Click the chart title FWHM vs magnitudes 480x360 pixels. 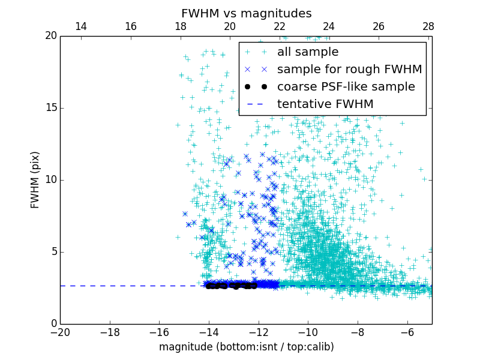pyautogui.click(x=246, y=13)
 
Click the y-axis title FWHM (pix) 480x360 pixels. pyautogui.click(x=35, y=180)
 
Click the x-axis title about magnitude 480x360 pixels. pyautogui.click(x=246, y=347)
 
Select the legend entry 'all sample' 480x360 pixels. pyautogui.click(x=307, y=52)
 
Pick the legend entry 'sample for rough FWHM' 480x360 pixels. pyautogui.click(x=349, y=70)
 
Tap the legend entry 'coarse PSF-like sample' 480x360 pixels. pyautogui.click(x=346, y=87)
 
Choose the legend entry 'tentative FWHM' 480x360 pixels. pyautogui.click(x=325, y=104)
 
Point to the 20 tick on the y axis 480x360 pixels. pyautogui.click(x=50, y=36)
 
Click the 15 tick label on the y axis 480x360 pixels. pyautogui.click(x=50, y=108)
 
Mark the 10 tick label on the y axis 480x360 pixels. pyautogui.click(x=50, y=180)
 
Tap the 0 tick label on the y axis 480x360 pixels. pyautogui.click(x=53, y=324)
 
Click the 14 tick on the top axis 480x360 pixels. pyautogui.click(x=81, y=27)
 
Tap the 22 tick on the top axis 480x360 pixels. pyautogui.click(x=280, y=27)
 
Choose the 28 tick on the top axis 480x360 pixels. pyautogui.click(x=428, y=27)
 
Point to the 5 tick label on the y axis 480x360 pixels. pyautogui.click(x=53, y=252)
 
